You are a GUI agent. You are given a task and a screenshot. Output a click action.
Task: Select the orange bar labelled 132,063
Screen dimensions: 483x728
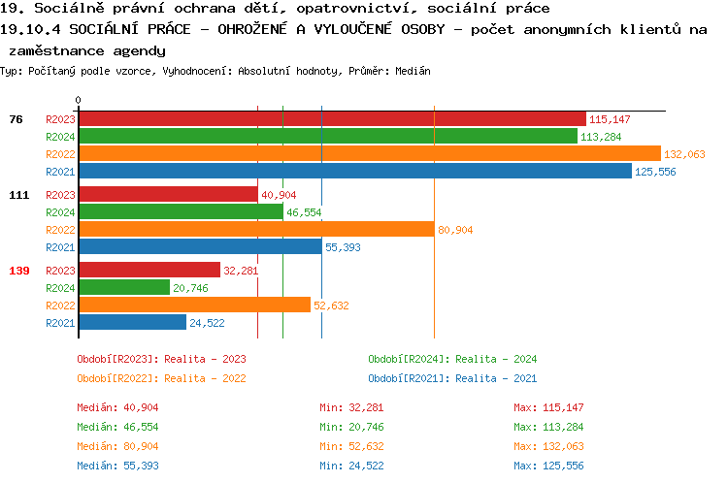click(x=369, y=153)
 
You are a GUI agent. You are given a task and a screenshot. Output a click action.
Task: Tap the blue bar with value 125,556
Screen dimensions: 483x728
click(x=355, y=171)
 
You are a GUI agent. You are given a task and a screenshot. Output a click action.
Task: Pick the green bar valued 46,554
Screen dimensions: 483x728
click(x=181, y=211)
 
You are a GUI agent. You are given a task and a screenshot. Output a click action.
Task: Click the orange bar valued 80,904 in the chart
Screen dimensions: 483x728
click(x=256, y=229)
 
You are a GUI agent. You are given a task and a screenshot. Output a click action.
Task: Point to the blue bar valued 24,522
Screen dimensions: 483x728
click(x=132, y=322)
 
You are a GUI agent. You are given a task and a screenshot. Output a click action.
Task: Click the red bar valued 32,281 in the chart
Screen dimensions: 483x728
click(x=149, y=271)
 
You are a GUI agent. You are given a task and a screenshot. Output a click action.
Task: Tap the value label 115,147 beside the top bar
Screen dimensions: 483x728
click(x=610, y=119)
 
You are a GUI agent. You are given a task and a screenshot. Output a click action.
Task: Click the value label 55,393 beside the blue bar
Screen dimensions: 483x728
click(x=343, y=247)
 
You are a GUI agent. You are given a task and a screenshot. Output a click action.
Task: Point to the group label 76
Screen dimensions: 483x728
click(x=16, y=119)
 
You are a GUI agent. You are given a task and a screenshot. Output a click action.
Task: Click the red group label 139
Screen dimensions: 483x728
click(x=18, y=271)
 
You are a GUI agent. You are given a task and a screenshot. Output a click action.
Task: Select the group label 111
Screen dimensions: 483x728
click(x=18, y=195)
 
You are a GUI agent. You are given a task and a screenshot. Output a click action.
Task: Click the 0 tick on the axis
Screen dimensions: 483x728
click(x=79, y=101)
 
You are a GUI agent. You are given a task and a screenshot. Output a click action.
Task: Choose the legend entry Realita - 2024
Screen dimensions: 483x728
click(x=452, y=359)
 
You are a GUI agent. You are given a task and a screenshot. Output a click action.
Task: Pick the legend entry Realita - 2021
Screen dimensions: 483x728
click(x=452, y=378)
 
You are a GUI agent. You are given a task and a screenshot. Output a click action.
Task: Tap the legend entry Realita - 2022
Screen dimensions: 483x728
click(x=161, y=378)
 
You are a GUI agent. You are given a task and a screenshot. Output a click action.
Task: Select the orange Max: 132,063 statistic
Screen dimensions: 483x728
click(x=548, y=446)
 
